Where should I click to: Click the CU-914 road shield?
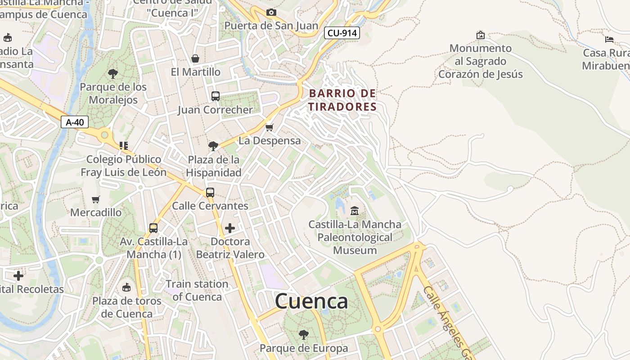point(342,33)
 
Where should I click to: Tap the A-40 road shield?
point(75,122)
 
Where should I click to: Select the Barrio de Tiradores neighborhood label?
point(342,100)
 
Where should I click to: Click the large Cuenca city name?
point(311,301)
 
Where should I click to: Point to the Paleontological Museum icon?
point(355,210)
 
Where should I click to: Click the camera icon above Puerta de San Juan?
point(271,12)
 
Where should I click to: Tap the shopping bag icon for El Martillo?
point(195,58)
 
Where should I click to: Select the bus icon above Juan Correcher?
point(216,96)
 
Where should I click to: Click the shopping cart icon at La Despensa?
point(270,127)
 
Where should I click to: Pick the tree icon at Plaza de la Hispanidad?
point(213,146)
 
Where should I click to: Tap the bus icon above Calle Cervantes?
point(210,192)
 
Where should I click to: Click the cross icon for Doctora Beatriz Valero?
point(230,228)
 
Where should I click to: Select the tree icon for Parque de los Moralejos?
point(113,73)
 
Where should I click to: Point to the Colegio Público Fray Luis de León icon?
point(124,145)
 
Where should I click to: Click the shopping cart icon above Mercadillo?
point(96,199)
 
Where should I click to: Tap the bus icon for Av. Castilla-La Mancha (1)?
point(153,228)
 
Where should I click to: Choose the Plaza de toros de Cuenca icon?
point(127,287)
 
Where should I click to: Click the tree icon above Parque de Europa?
point(304,334)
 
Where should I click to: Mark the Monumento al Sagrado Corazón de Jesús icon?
point(481,35)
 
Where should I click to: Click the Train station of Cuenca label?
point(197,290)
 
